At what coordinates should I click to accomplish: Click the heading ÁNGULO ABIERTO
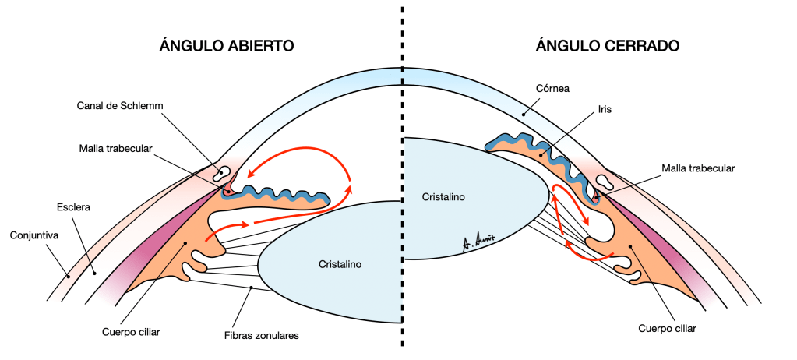click(x=226, y=46)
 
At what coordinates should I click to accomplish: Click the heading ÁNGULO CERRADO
click(x=608, y=46)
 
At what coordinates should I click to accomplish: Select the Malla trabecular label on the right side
click(x=698, y=168)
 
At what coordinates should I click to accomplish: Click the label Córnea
click(x=554, y=89)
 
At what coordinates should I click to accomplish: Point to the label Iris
click(x=601, y=110)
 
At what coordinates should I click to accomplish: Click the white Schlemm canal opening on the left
click(x=224, y=171)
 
